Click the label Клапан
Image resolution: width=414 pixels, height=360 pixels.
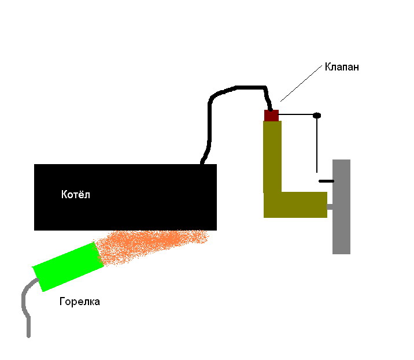tap(342, 67)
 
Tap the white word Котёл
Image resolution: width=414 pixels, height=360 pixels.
tap(76, 195)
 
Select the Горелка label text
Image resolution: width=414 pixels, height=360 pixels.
tap(80, 302)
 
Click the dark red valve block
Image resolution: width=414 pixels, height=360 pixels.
tap(271, 116)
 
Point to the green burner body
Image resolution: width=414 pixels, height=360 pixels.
tap(68, 266)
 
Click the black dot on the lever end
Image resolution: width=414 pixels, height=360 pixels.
tap(317, 116)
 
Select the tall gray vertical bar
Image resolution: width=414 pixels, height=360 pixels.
tap(341, 207)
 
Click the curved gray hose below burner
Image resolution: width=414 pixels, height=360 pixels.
tap(25, 303)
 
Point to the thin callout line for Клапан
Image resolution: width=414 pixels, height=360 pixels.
tap(301, 83)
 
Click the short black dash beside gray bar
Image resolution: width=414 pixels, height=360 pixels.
tap(326, 181)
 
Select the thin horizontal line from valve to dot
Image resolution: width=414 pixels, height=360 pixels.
tap(296, 114)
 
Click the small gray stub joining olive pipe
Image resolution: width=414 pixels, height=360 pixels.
tap(330, 207)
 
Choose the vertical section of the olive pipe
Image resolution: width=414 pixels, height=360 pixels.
tap(272, 157)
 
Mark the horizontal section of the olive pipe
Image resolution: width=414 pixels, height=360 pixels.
tap(295, 205)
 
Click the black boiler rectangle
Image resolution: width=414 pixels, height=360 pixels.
tap(125, 197)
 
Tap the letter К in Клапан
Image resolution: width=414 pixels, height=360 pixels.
tap(328, 67)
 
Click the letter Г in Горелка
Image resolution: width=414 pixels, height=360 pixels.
tap(62, 302)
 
